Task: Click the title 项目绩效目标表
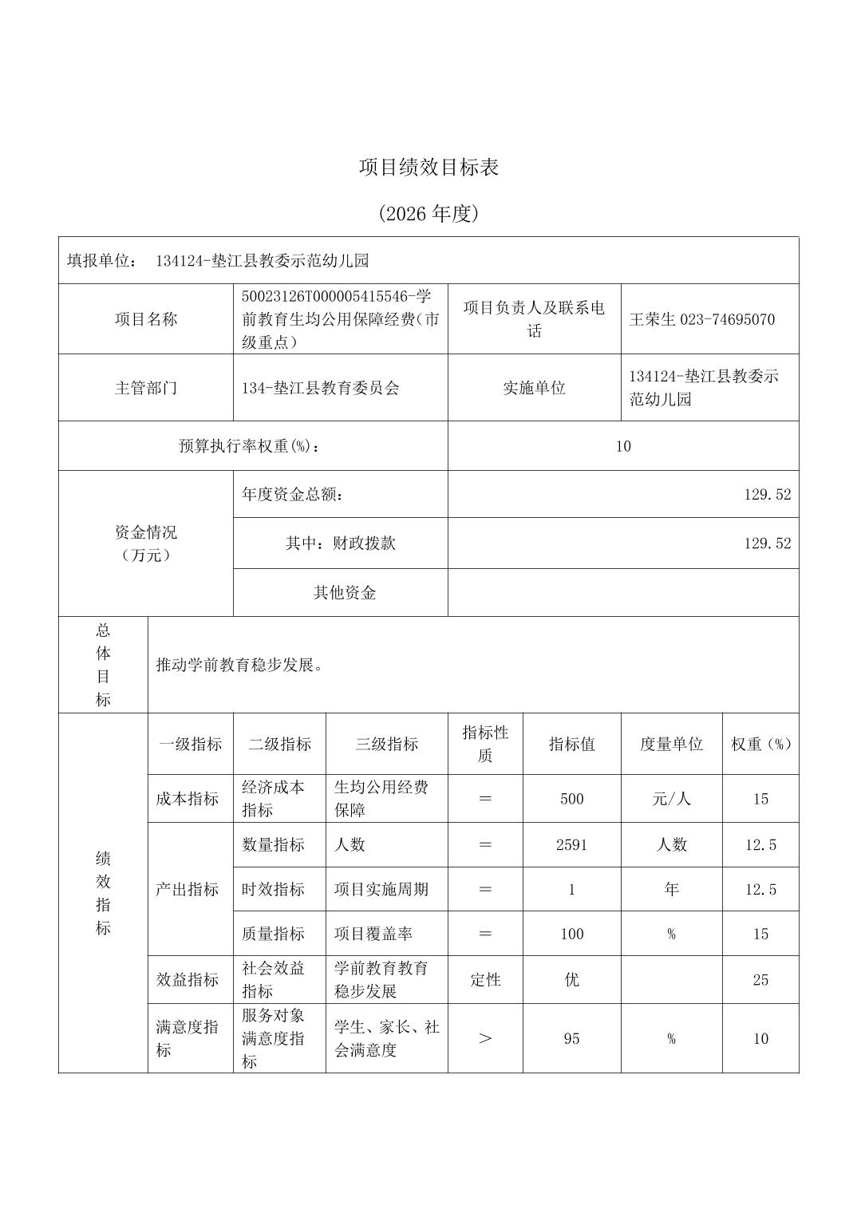(428, 168)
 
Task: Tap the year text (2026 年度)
(428, 214)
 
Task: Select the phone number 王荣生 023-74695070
(701, 320)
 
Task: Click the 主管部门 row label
(146, 389)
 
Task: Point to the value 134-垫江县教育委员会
(320, 389)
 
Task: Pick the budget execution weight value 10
(622, 446)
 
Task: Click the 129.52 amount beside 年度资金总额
(767, 495)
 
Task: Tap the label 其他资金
(344, 593)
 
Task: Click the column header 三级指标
(386, 745)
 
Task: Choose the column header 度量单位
(671, 745)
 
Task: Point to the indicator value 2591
(571, 845)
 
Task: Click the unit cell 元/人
(671, 799)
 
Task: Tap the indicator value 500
(571, 799)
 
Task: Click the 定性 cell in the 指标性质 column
(484, 980)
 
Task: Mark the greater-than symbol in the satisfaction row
(484, 1039)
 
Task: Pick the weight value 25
(760, 980)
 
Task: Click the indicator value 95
(571, 1039)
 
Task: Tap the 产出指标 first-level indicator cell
(188, 890)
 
